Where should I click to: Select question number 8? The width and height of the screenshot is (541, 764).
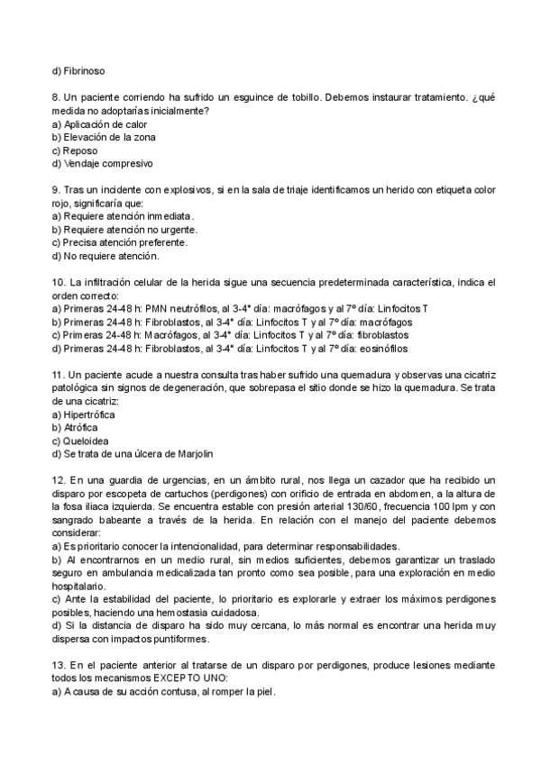(x=57, y=96)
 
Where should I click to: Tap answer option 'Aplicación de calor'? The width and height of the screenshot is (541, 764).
(x=105, y=123)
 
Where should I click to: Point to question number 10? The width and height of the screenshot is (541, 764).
(x=60, y=283)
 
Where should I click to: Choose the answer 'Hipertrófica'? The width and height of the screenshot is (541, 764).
(x=89, y=414)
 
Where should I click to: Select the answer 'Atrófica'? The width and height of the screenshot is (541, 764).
(x=82, y=427)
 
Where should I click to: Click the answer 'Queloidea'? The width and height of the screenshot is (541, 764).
(x=87, y=441)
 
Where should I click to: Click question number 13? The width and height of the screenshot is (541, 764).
(x=60, y=666)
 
